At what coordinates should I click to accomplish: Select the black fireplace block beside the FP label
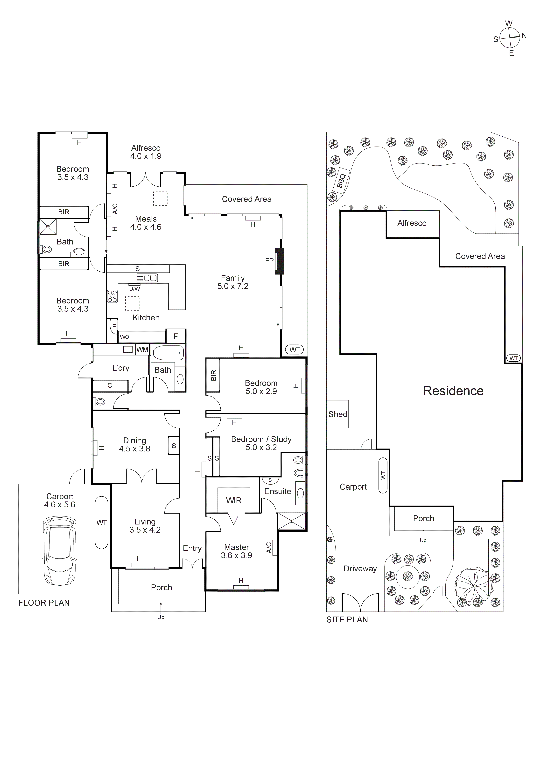tap(279, 261)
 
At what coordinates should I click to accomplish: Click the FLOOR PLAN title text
tap(44, 603)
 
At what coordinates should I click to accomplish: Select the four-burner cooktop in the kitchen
tap(112, 296)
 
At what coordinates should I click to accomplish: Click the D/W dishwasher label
tap(135, 289)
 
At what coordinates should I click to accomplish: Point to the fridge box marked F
tap(176, 336)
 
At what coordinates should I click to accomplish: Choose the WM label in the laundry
tap(142, 349)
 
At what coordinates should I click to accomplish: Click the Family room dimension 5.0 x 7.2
tap(233, 286)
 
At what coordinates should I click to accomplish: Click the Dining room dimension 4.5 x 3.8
tap(135, 449)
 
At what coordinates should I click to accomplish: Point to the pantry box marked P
tap(114, 326)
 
